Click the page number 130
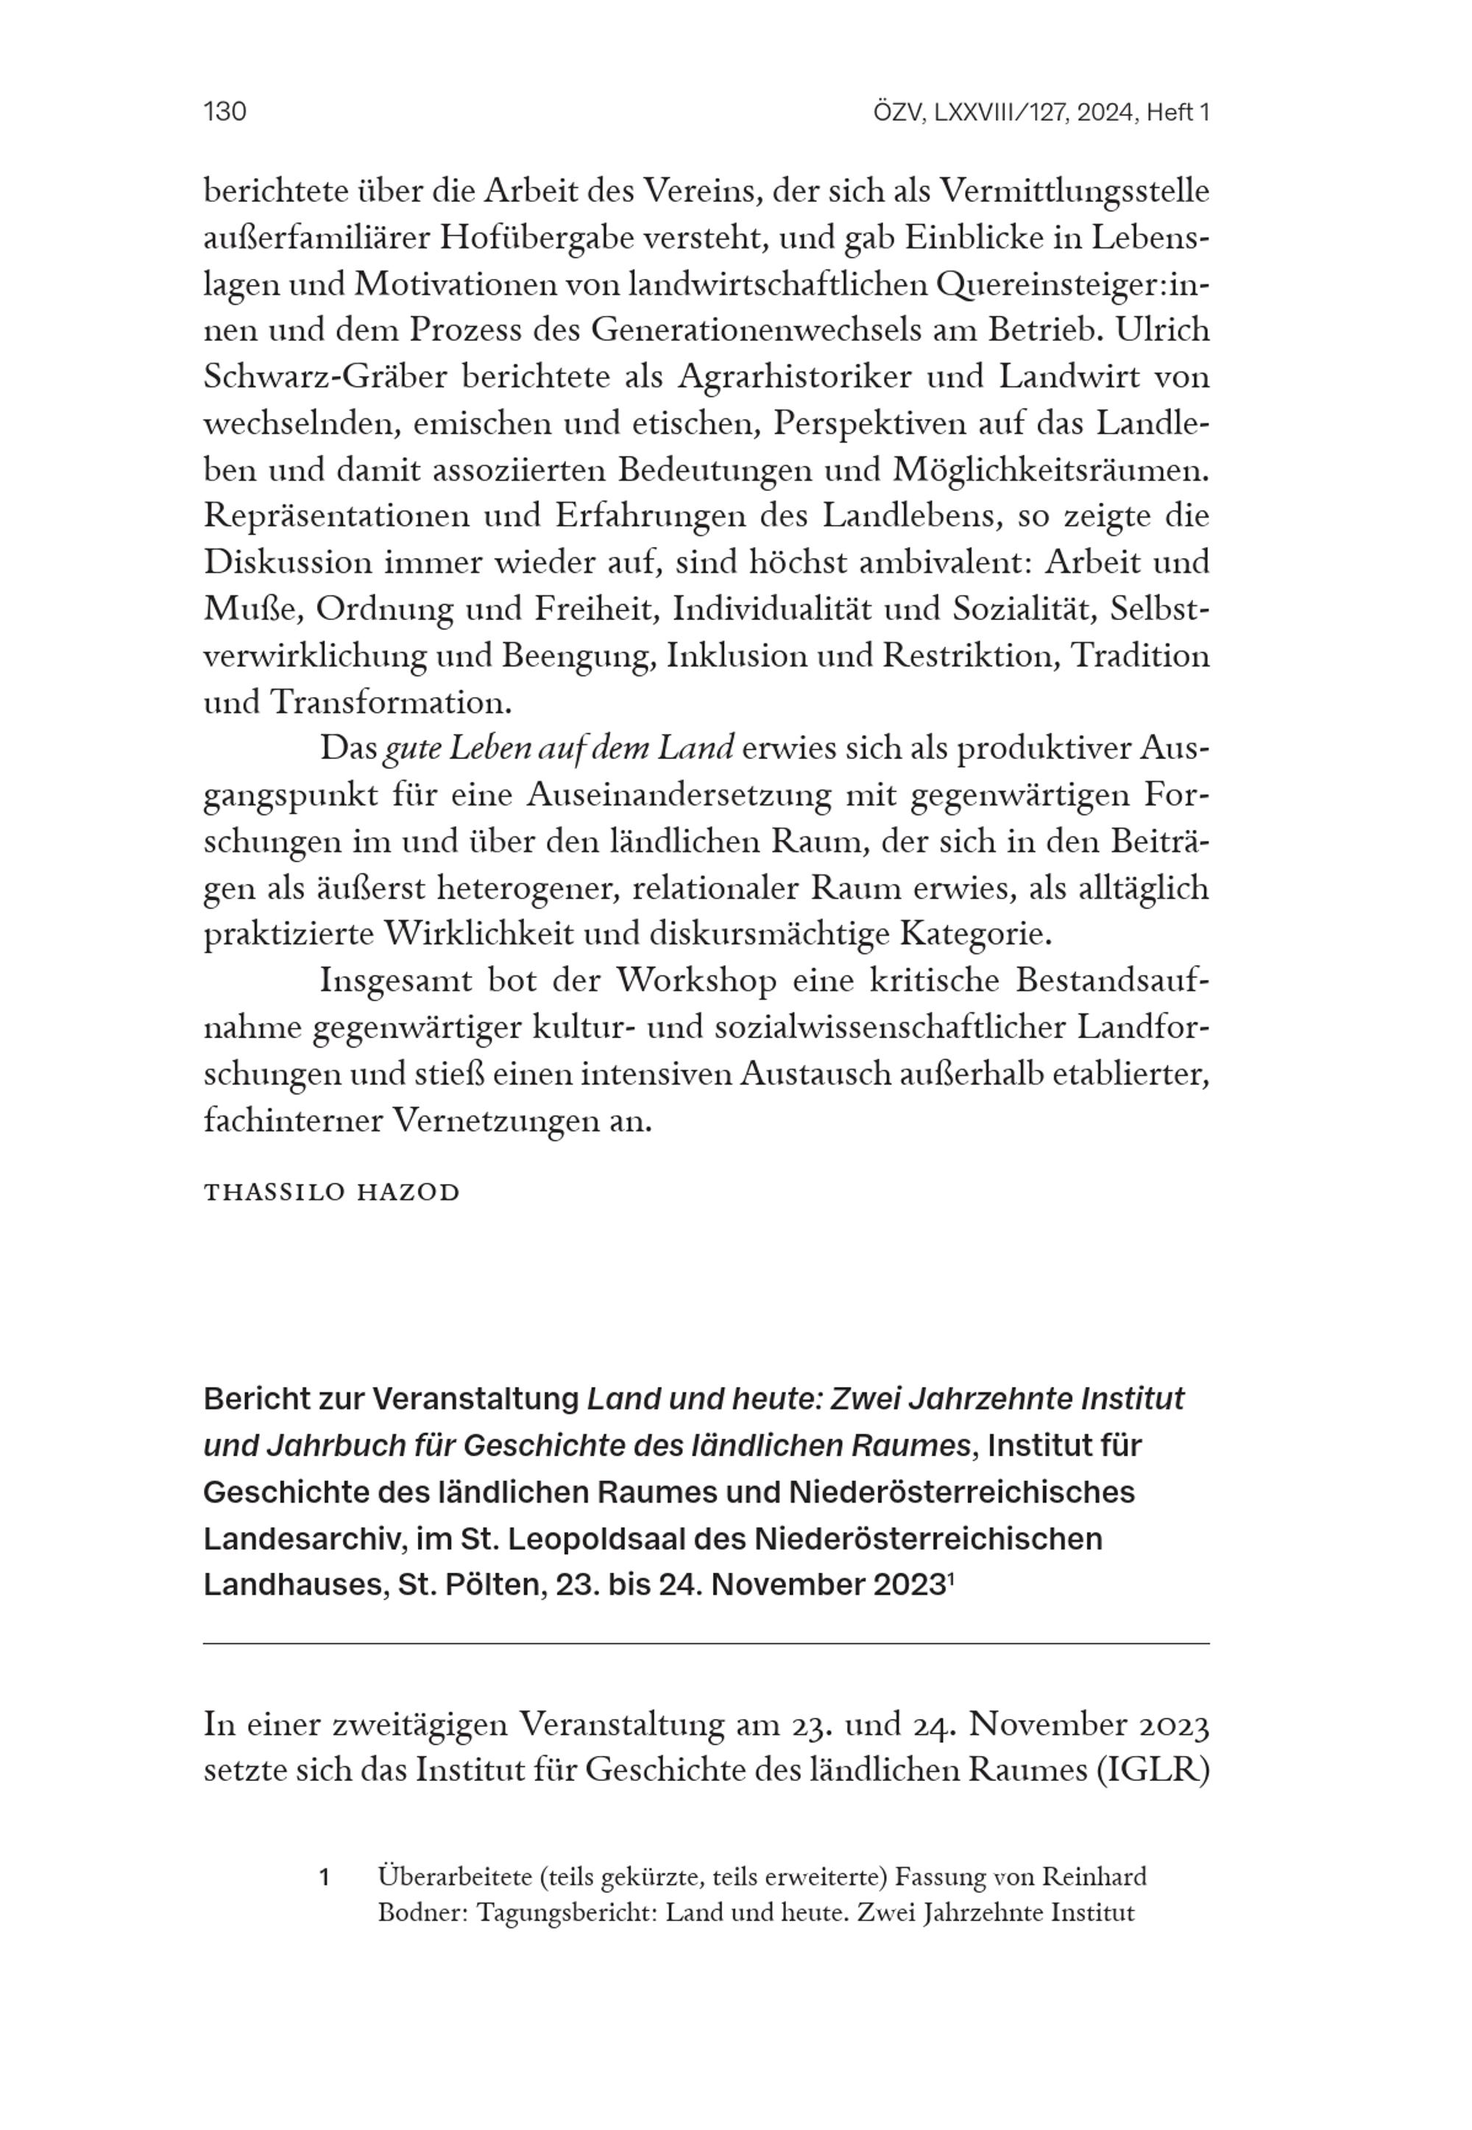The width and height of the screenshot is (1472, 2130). [x=224, y=113]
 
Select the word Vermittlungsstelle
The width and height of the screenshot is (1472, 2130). [x=1075, y=192]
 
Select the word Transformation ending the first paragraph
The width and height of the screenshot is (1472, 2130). [x=390, y=703]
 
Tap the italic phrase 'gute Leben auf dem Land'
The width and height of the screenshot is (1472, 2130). [x=558, y=749]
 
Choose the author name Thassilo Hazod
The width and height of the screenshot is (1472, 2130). [x=331, y=1193]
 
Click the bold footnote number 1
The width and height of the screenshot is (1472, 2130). [x=324, y=1877]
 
